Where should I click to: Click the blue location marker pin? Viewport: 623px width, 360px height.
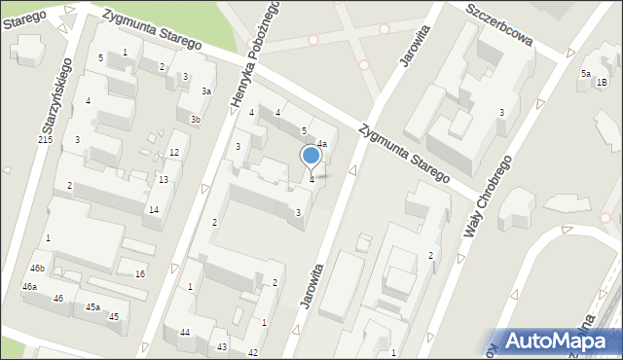pos(311,156)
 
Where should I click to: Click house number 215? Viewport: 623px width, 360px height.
pos(45,141)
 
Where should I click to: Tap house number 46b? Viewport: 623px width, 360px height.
pos(37,268)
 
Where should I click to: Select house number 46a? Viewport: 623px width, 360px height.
pos(30,286)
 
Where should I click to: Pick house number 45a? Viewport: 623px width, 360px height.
pos(92,307)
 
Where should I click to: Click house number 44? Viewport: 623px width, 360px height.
pos(185,333)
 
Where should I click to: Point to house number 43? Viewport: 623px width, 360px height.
pos(222,347)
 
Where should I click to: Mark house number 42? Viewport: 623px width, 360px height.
pos(253,352)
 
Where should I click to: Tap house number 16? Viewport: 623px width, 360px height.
pos(140,274)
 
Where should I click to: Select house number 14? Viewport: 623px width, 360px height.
pos(154,210)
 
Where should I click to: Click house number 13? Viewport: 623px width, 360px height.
pos(164,180)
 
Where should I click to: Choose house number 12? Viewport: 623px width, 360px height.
pos(174,153)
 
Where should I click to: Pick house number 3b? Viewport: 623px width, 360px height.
pos(196,120)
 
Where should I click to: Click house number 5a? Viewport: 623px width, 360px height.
pos(586,74)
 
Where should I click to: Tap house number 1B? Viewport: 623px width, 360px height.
pos(602,83)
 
